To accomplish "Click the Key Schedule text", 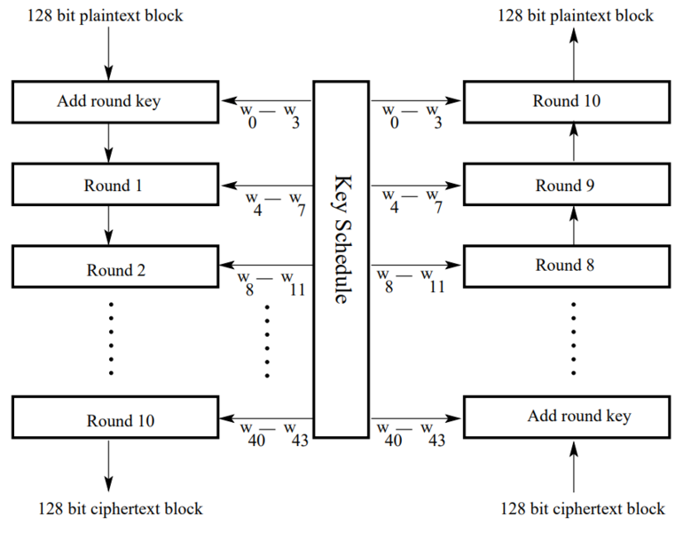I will (x=341, y=240).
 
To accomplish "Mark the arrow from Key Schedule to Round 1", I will (x=266, y=186).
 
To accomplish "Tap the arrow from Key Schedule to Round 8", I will (x=417, y=265).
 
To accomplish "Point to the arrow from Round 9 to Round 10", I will (x=574, y=142).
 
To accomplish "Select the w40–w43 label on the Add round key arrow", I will (x=410, y=433).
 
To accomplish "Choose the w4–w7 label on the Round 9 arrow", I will (x=410, y=201).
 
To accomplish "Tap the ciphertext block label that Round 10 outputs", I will (x=121, y=509).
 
